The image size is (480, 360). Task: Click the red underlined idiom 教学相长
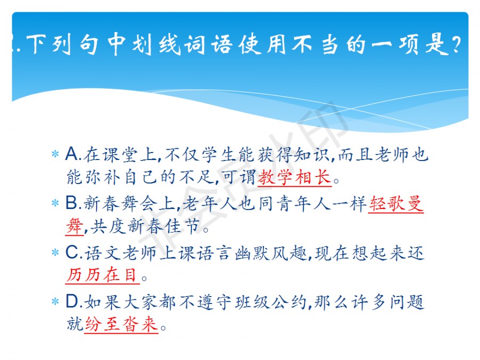pyautogui.click(x=294, y=177)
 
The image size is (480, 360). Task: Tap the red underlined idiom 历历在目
pyautogui.click(x=102, y=274)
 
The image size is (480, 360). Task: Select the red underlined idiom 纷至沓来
pyautogui.click(x=121, y=324)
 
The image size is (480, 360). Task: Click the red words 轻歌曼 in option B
pyautogui.click(x=396, y=204)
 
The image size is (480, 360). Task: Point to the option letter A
pyautogui.click(x=72, y=154)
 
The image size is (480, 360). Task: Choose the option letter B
pyautogui.click(x=71, y=203)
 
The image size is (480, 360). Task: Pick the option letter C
pyautogui.click(x=72, y=253)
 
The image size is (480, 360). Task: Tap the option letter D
pyautogui.click(x=72, y=301)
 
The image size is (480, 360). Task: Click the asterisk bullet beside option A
pyautogui.click(x=55, y=154)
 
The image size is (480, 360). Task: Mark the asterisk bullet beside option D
pyautogui.click(x=55, y=301)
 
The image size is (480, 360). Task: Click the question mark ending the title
pyautogui.click(x=456, y=45)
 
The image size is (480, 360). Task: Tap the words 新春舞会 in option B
pyautogui.click(x=119, y=203)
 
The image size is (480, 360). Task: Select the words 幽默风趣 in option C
pyautogui.click(x=271, y=253)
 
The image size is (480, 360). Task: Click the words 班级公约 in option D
pyautogui.click(x=271, y=302)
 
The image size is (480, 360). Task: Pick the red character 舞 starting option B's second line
pyautogui.click(x=74, y=226)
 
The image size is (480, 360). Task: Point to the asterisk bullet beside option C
pyautogui.click(x=55, y=253)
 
